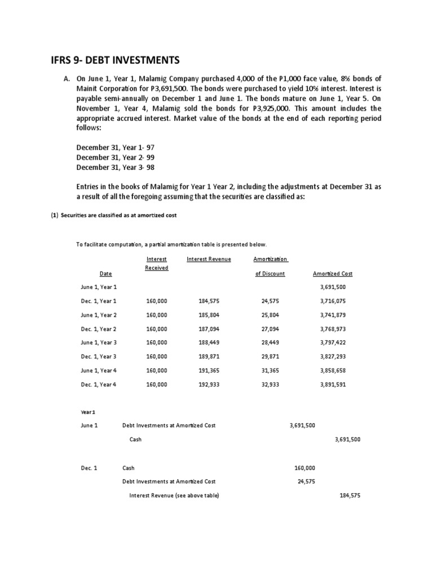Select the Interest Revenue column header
tap(209, 259)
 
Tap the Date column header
tap(105, 274)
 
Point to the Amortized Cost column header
tap(332, 274)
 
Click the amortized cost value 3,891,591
tap(332, 384)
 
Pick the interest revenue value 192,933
tap(209, 384)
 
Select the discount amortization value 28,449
tap(271, 342)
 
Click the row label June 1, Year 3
tap(99, 342)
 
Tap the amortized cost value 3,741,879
tap(332, 315)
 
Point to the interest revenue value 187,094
tap(209, 329)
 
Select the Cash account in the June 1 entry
tap(135, 439)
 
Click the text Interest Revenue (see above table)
tap(174, 495)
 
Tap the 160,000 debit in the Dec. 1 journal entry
tap(305, 468)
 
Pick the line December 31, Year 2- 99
tap(116, 157)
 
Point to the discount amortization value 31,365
tap(271, 370)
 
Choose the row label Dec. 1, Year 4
tap(99, 384)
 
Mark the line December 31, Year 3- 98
tap(116, 168)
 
